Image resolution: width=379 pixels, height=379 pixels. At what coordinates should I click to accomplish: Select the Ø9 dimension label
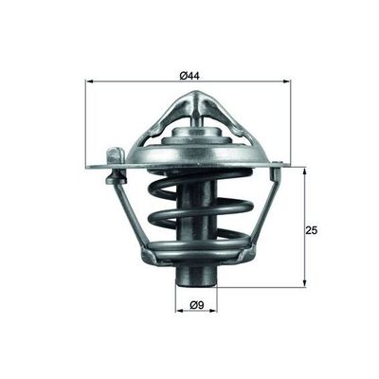[197, 305]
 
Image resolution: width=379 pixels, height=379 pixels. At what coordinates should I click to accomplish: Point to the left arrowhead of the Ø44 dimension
[89, 81]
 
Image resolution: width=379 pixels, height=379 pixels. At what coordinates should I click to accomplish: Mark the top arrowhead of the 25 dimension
[305, 171]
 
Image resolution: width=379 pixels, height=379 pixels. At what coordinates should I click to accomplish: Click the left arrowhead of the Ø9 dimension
[180, 312]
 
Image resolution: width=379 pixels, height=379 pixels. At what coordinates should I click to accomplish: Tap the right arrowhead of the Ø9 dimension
[216, 312]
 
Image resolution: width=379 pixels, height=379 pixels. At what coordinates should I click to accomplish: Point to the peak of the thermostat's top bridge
[196, 95]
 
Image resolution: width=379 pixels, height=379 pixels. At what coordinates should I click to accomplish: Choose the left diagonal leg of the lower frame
[130, 213]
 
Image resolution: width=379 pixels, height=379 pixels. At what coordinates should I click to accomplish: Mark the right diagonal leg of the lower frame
[268, 213]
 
